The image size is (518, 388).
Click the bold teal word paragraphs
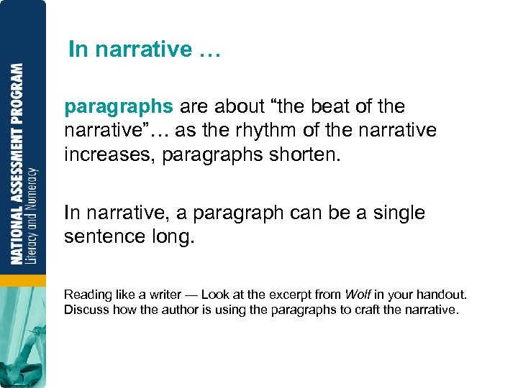119,107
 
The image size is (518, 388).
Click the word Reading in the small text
87,295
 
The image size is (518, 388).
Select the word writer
166,295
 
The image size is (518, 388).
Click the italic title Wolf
357,295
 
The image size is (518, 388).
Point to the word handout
444,295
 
